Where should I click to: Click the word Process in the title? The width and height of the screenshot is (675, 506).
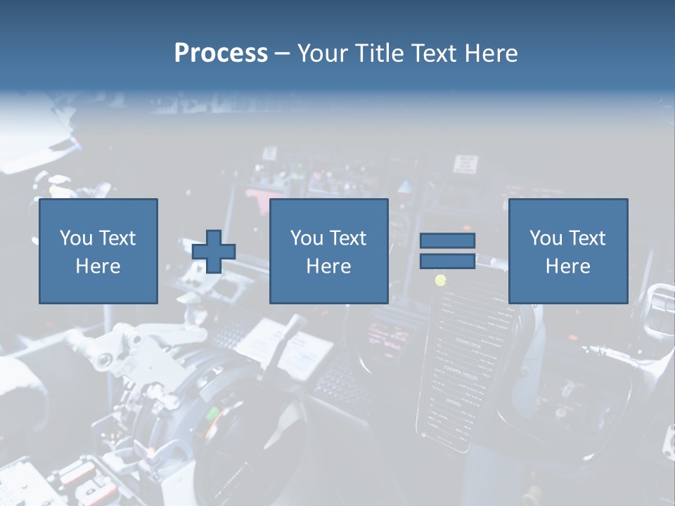tap(221, 53)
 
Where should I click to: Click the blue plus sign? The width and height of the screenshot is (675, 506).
tap(214, 252)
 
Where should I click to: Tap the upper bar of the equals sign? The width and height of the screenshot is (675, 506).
tap(447, 240)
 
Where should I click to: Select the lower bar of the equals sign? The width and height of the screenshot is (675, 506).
tap(447, 261)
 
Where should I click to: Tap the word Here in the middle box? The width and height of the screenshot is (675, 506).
tap(328, 266)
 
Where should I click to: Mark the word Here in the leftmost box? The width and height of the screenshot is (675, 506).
tap(98, 266)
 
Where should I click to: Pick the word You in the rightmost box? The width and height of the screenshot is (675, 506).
tap(546, 238)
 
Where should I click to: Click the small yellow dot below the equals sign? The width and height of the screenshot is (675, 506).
tap(441, 280)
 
